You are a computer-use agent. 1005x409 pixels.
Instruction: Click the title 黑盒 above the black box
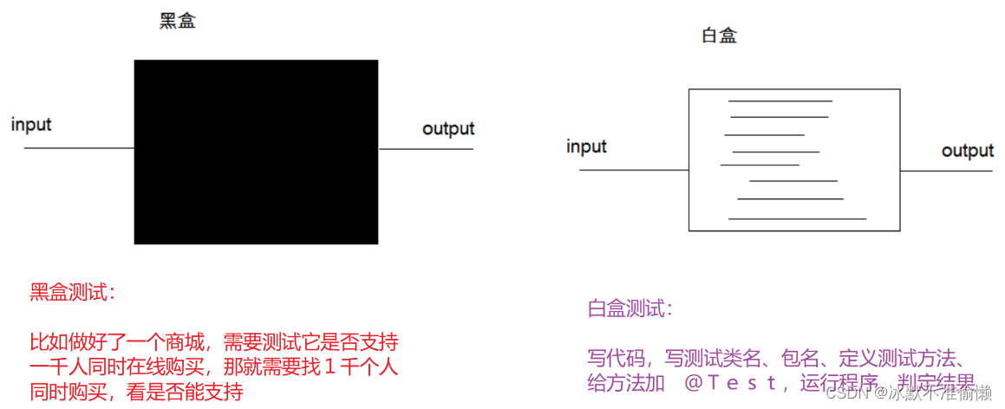click(x=178, y=22)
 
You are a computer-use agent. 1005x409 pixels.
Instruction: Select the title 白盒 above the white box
click(x=720, y=36)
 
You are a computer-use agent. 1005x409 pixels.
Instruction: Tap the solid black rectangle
click(x=256, y=152)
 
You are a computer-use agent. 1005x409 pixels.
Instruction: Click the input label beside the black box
click(x=31, y=124)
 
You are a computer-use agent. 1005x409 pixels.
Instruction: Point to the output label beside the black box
click(x=448, y=129)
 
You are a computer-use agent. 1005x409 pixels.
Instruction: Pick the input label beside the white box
click(x=586, y=146)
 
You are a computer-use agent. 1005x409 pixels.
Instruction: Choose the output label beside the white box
click(x=968, y=151)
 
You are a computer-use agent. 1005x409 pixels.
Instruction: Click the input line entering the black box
click(x=78, y=148)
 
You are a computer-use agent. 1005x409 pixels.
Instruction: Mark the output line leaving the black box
click(x=426, y=149)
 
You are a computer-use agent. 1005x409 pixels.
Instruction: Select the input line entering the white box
click(x=633, y=170)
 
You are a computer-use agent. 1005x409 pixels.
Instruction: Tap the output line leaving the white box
click(x=947, y=171)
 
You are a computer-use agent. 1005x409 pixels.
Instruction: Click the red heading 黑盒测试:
click(x=73, y=293)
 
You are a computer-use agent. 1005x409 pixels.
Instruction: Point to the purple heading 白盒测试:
click(x=630, y=308)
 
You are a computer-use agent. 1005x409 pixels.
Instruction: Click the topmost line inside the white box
click(x=780, y=101)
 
